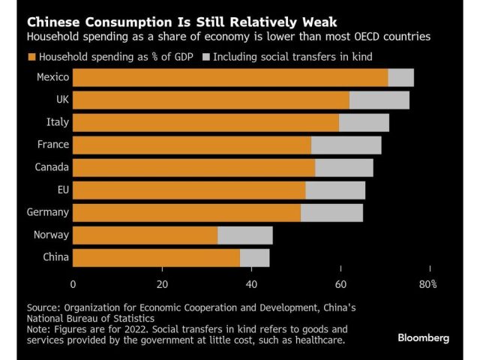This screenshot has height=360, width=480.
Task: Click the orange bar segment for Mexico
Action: [230, 77]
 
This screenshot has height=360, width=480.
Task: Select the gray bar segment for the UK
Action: [379, 100]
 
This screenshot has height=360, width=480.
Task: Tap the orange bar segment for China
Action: [156, 257]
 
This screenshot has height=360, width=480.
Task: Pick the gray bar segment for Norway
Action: [244, 235]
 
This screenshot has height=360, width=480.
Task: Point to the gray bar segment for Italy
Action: [364, 122]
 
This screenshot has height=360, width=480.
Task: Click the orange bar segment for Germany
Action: [187, 212]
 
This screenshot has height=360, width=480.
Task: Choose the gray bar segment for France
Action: [346, 145]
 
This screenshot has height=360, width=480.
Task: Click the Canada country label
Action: [52, 167]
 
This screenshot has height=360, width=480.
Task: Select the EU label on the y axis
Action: [61, 190]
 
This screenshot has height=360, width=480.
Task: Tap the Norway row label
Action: [51, 235]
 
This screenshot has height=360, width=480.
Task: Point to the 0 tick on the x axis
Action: [73, 284]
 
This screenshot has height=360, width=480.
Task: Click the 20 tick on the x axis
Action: [162, 284]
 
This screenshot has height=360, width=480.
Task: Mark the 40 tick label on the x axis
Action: [251, 284]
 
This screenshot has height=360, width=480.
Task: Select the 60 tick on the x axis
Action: [340, 284]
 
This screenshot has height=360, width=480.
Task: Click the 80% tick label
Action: [427, 284]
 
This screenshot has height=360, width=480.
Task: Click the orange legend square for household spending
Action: [31, 56]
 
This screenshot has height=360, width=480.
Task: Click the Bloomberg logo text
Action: [424, 338]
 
